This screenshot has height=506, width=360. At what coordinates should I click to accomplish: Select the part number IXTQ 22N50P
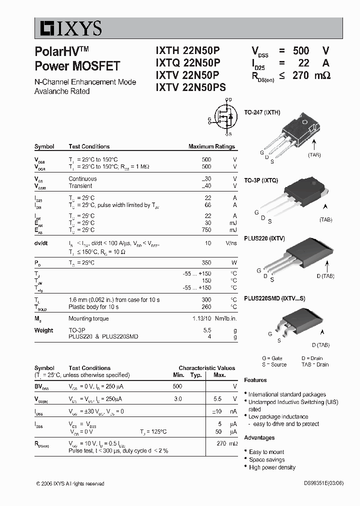pyautogui.click(x=187, y=62)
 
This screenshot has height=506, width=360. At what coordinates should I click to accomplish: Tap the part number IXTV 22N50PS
pyautogui.click(x=191, y=87)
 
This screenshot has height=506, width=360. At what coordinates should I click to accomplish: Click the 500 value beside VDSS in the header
pyautogui.click(x=301, y=50)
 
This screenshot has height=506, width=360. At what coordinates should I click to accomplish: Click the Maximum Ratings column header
pyautogui.click(x=211, y=146)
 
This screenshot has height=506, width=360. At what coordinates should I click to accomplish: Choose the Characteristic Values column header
pyautogui.click(x=206, y=368)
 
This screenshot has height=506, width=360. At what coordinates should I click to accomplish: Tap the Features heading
pyautogui.click(x=255, y=380)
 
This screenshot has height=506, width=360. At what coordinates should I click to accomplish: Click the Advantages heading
pyautogui.click(x=259, y=437)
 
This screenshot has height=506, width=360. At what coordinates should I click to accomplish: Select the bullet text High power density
pyautogui.click(x=272, y=467)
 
